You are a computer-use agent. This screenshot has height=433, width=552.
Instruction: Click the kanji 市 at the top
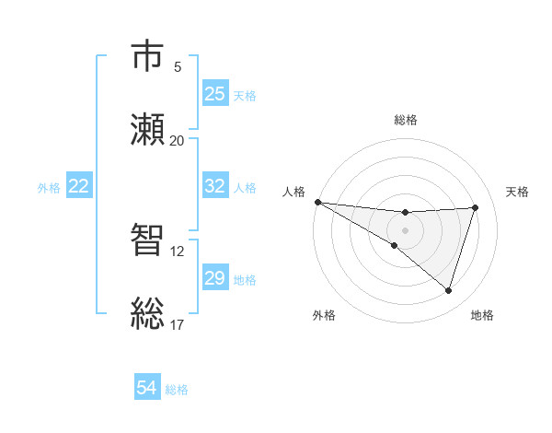tap(149, 56)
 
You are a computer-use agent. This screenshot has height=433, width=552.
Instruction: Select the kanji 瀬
tap(149, 129)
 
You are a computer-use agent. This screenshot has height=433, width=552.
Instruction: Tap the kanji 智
tap(149, 241)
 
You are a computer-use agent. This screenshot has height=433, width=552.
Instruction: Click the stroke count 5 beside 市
tap(178, 66)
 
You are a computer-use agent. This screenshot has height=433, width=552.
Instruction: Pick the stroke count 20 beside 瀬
tap(177, 140)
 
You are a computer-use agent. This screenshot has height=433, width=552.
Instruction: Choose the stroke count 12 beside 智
tap(177, 251)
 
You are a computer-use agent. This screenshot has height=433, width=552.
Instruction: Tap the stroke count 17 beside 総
tap(177, 324)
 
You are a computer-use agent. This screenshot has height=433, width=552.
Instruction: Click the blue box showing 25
tap(215, 94)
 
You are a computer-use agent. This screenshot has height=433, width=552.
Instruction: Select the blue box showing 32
tap(215, 186)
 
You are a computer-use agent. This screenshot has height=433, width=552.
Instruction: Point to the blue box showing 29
tap(215, 278)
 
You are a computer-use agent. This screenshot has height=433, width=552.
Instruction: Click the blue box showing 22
tap(79, 186)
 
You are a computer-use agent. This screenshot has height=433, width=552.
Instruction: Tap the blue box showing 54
tap(147, 389)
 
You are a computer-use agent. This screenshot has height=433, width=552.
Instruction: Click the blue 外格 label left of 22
tap(49, 187)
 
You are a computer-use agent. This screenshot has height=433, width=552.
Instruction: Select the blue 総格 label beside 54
tap(177, 390)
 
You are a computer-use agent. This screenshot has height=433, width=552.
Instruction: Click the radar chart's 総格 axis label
tap(406, 120)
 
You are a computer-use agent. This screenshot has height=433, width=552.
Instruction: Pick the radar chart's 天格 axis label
tap(518, 192)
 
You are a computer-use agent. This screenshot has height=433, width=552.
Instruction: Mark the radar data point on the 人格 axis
tap(317, 202)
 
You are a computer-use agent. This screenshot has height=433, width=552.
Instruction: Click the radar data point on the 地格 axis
tap(449, 290)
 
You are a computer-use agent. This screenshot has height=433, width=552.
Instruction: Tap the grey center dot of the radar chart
tap(406, 230)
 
